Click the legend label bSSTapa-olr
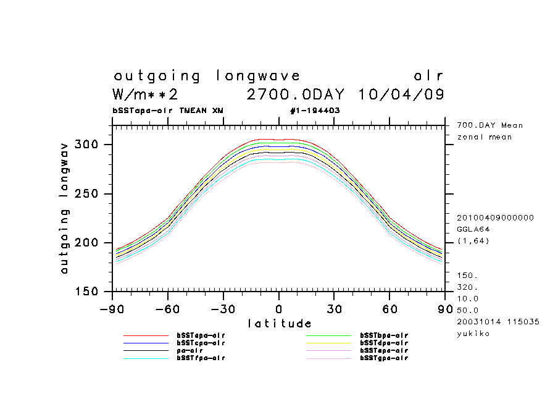point(201,335)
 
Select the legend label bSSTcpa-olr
point(201,343)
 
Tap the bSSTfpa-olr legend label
point(201,358)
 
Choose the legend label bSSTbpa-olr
point(384,335)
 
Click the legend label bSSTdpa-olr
point(384,343)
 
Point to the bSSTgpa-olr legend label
point(384,358)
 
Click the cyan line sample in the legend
point(146,358)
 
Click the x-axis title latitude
point(279,324)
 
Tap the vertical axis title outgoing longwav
point(64,208)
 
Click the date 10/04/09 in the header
point(401,95)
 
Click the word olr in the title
point(428,77)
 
